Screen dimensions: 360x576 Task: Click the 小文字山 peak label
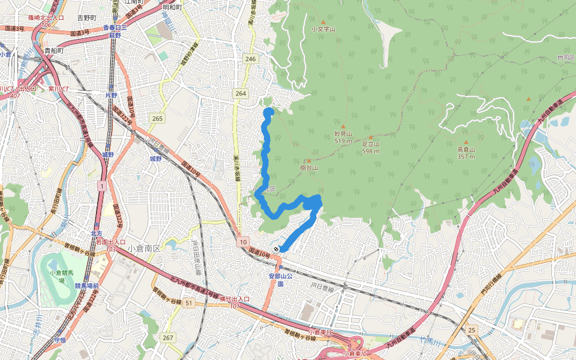(x=323, y=28)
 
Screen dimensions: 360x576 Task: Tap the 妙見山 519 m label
(x=343, y=137)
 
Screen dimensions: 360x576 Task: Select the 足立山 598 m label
(x=371, y=148)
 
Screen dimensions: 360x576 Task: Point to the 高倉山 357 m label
(x=466, y=153)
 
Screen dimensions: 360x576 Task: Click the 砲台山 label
(x=308, y=168)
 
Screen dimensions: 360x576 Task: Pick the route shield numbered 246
(x=250, y=59)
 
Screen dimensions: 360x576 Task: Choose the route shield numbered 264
(x=241, y=93)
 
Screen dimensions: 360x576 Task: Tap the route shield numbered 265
(x=157, y=118)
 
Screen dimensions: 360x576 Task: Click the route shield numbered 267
(x=167, y=338)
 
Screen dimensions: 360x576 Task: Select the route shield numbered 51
(x=189, y=303)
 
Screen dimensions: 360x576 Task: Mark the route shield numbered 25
(x=472, y=331)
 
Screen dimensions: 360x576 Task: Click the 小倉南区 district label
(x=142, y=248)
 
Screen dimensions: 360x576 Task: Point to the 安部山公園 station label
(x=280, y=280)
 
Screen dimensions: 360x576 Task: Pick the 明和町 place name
(x=172, y=8)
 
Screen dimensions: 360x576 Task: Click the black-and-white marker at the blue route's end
(x=277, y=249)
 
